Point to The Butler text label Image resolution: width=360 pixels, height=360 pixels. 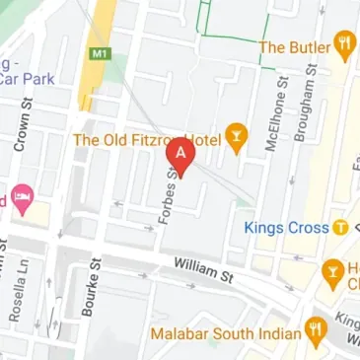tap(292, 45)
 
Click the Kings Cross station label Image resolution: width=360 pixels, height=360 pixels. tap(286, 228)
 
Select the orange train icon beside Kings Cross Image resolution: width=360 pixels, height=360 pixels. tap(340, 228)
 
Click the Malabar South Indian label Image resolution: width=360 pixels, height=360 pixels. tap(225, 332)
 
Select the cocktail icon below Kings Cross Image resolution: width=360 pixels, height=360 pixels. tap(332, 270)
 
